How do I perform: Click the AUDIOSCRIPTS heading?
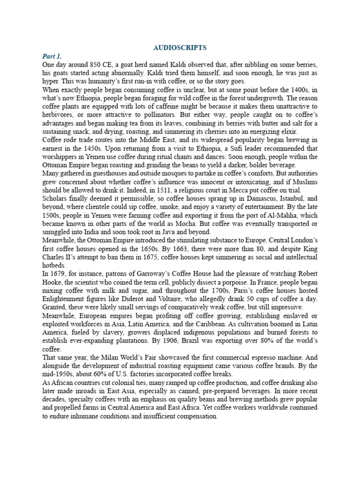180,47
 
